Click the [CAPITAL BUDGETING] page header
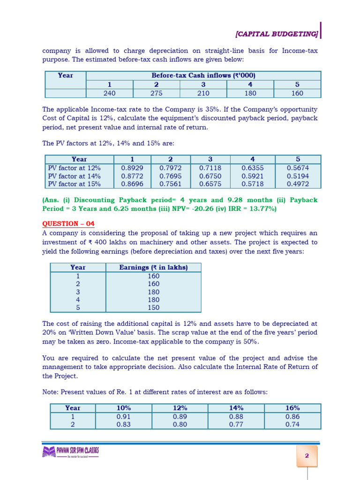click(277, 34)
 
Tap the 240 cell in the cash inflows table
click(109, 93)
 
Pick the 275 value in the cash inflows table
click(156, 93)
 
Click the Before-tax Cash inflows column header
click(203, 75)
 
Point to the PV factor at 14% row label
click(75, 176)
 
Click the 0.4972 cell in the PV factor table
click(298, 184)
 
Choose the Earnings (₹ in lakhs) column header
click(153, 267)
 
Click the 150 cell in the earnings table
click(153, 307)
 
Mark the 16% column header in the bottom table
click(292, 408)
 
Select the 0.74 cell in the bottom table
click(292, 424)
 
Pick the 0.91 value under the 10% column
click(123, 416)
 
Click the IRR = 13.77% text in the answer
click(247, 209)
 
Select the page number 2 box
click(307, 456)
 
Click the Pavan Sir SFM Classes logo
click(71, 452)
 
